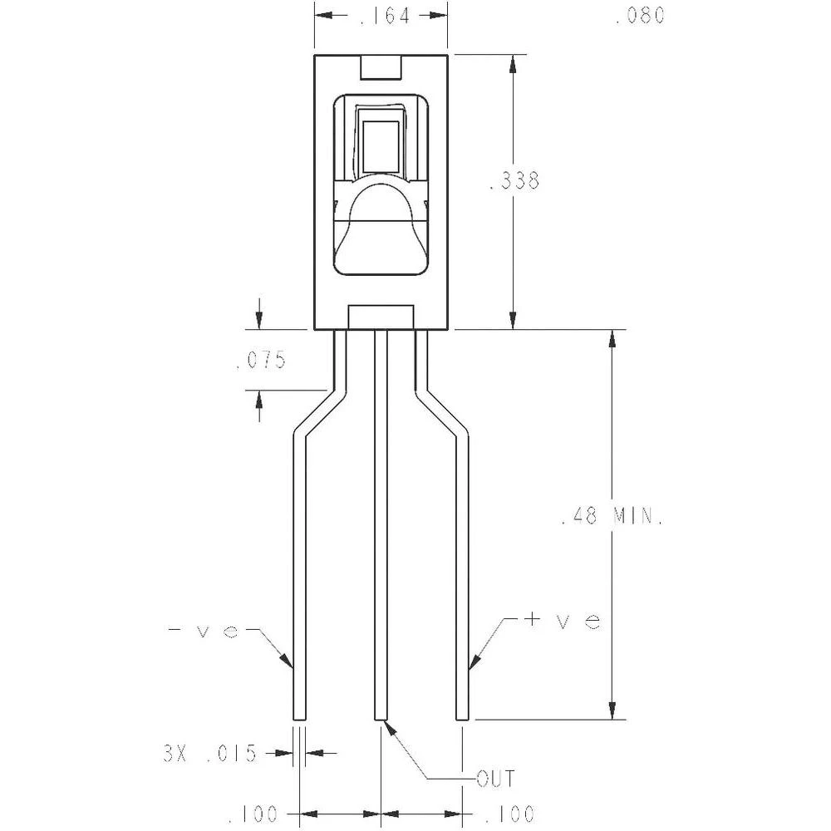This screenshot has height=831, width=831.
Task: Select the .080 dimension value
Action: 640,16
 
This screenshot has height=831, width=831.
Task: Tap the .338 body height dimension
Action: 515,181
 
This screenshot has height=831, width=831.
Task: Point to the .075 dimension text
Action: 261,361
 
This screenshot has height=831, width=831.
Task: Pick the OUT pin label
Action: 495,779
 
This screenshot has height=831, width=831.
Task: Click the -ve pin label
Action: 204,631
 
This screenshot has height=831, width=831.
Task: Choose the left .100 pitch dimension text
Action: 253,813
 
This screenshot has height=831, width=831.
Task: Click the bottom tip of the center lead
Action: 381,717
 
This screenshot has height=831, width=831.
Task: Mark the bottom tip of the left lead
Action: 300,717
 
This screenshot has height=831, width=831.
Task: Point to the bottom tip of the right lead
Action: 462,717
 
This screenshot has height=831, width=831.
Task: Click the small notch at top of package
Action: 381,67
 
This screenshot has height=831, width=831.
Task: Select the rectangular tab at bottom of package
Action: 381,317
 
